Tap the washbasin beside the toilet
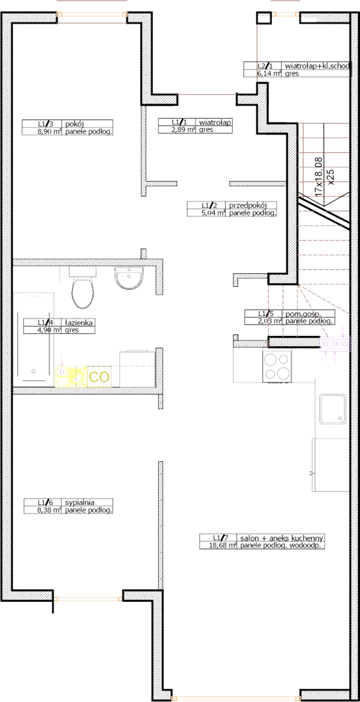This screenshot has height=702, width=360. coord(129,277)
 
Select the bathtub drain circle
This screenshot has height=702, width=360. coord(34,371)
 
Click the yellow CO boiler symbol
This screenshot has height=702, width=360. coord(99,377)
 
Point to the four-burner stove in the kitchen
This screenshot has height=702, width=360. coord(277,367)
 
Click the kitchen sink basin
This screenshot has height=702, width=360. coord(333,409)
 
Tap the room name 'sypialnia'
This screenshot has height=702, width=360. coord(80,502)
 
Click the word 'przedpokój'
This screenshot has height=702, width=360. coord(248,206)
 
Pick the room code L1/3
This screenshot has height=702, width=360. coord(46,124)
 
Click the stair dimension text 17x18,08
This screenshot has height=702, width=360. coord(318,177)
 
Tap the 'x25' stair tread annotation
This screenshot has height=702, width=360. coord(331,178)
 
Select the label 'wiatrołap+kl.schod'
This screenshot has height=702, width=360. coord(317,66)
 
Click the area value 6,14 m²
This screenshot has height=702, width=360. coord(269,73)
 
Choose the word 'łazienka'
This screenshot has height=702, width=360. coord(79,322)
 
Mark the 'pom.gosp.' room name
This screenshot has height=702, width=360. coord(303,314)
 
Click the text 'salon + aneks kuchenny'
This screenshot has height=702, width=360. coord(282,538)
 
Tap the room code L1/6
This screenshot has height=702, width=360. coord(46,502)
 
